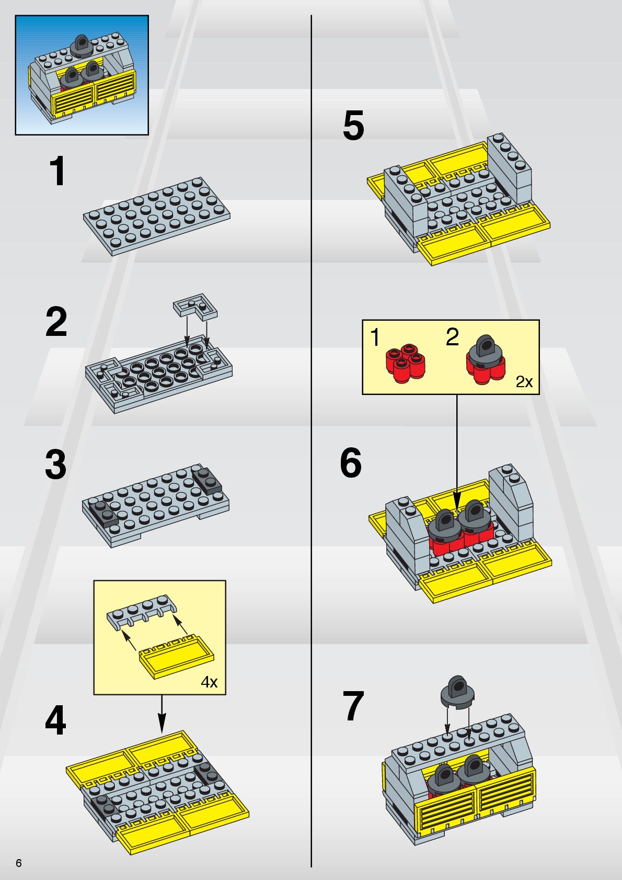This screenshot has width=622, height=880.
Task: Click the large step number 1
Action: [57, 172]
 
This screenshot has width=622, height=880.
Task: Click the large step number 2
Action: [56, 322]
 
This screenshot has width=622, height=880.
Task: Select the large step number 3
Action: [56, 464]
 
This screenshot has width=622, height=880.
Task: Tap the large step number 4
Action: [55, 720]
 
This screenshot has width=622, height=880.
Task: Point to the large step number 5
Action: [353, 126]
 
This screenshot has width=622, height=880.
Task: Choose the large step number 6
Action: [351, 463]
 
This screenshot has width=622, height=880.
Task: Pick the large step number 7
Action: [353, 706]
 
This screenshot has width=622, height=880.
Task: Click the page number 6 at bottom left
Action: [19, 863]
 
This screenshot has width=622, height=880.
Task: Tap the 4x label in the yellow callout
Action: [209, 682]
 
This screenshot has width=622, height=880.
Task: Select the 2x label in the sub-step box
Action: [524, 382]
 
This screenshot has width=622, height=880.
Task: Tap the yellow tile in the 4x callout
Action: [177, 657]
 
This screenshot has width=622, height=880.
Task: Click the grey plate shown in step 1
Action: [156, 216]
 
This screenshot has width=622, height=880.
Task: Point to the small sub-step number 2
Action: [452, 337]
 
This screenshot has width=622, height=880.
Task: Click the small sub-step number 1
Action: [375, 337]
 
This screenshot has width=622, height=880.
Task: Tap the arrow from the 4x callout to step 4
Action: [162, 714]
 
